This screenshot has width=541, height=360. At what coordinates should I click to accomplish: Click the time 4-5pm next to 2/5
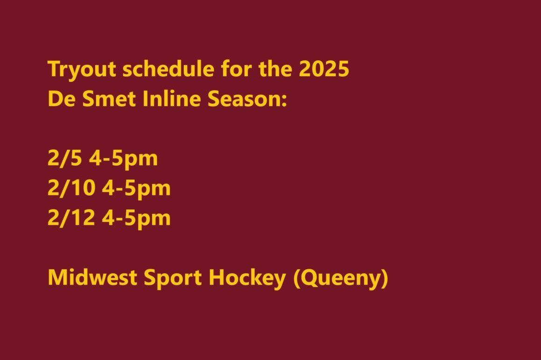point(124,159)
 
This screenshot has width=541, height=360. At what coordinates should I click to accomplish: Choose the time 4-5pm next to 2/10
point(136,189)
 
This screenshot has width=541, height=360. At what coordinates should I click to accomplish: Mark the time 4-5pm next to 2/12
point(136,219)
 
